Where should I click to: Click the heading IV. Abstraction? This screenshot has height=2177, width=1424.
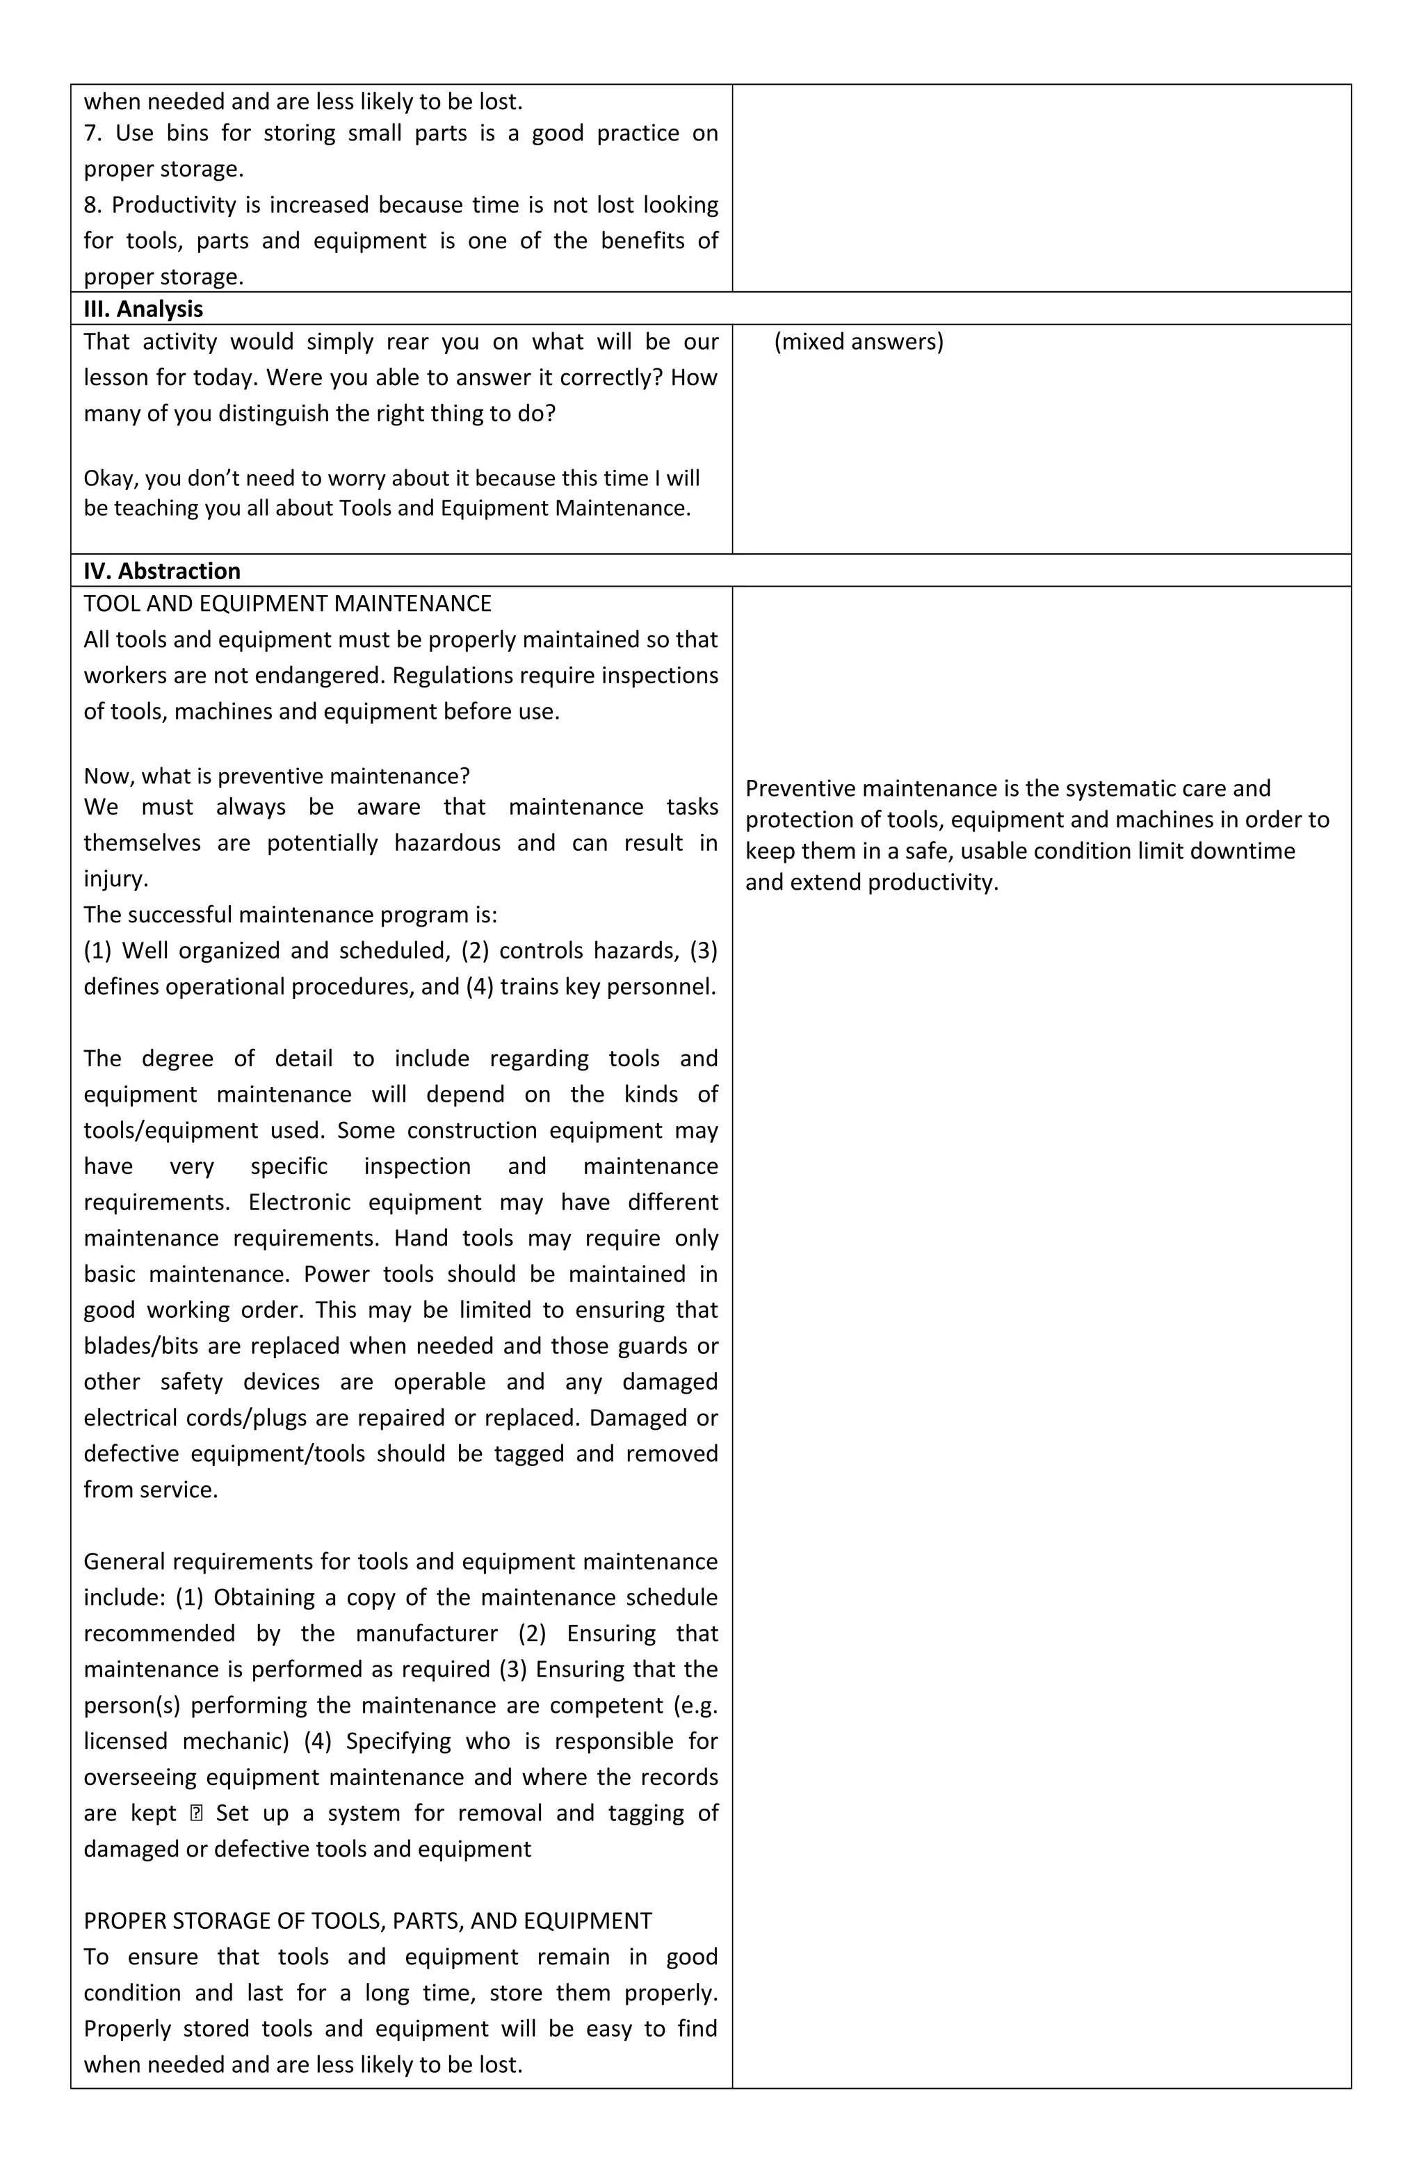161,571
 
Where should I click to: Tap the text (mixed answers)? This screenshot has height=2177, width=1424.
859,342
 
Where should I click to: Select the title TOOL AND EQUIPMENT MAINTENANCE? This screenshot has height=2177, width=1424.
287,604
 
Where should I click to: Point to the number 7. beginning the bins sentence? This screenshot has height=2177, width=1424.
92,133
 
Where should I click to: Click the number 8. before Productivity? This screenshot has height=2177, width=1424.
92,205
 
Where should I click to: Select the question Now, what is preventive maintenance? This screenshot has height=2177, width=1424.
276,776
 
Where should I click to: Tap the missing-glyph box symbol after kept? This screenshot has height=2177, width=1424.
196,1813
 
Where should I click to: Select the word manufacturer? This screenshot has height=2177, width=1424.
426,1633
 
